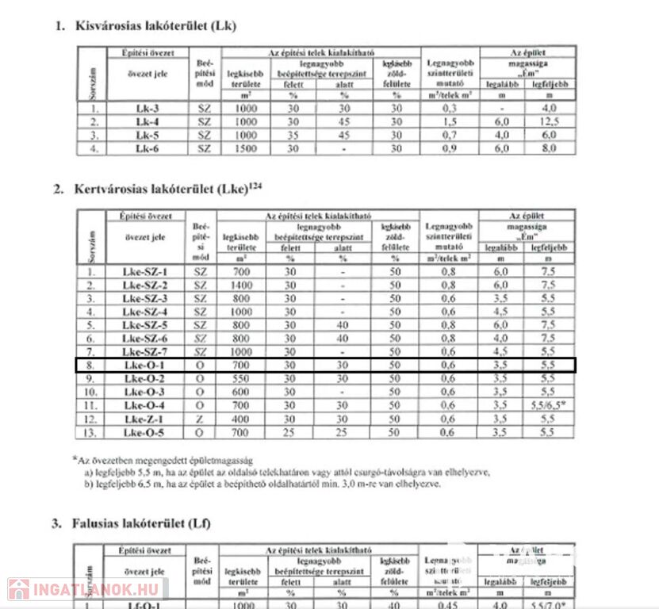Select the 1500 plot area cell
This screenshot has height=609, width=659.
[245, 148]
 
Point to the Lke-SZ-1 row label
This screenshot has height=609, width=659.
[145, 272]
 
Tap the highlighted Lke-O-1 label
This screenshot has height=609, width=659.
[145, 366]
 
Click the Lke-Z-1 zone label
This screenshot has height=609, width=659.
[145, 419]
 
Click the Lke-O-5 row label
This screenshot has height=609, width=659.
[145, 433]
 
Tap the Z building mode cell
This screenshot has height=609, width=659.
[199, 419]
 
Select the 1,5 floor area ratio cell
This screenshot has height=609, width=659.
[450, 122]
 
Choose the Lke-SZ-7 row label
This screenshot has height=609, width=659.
[145, 352]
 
